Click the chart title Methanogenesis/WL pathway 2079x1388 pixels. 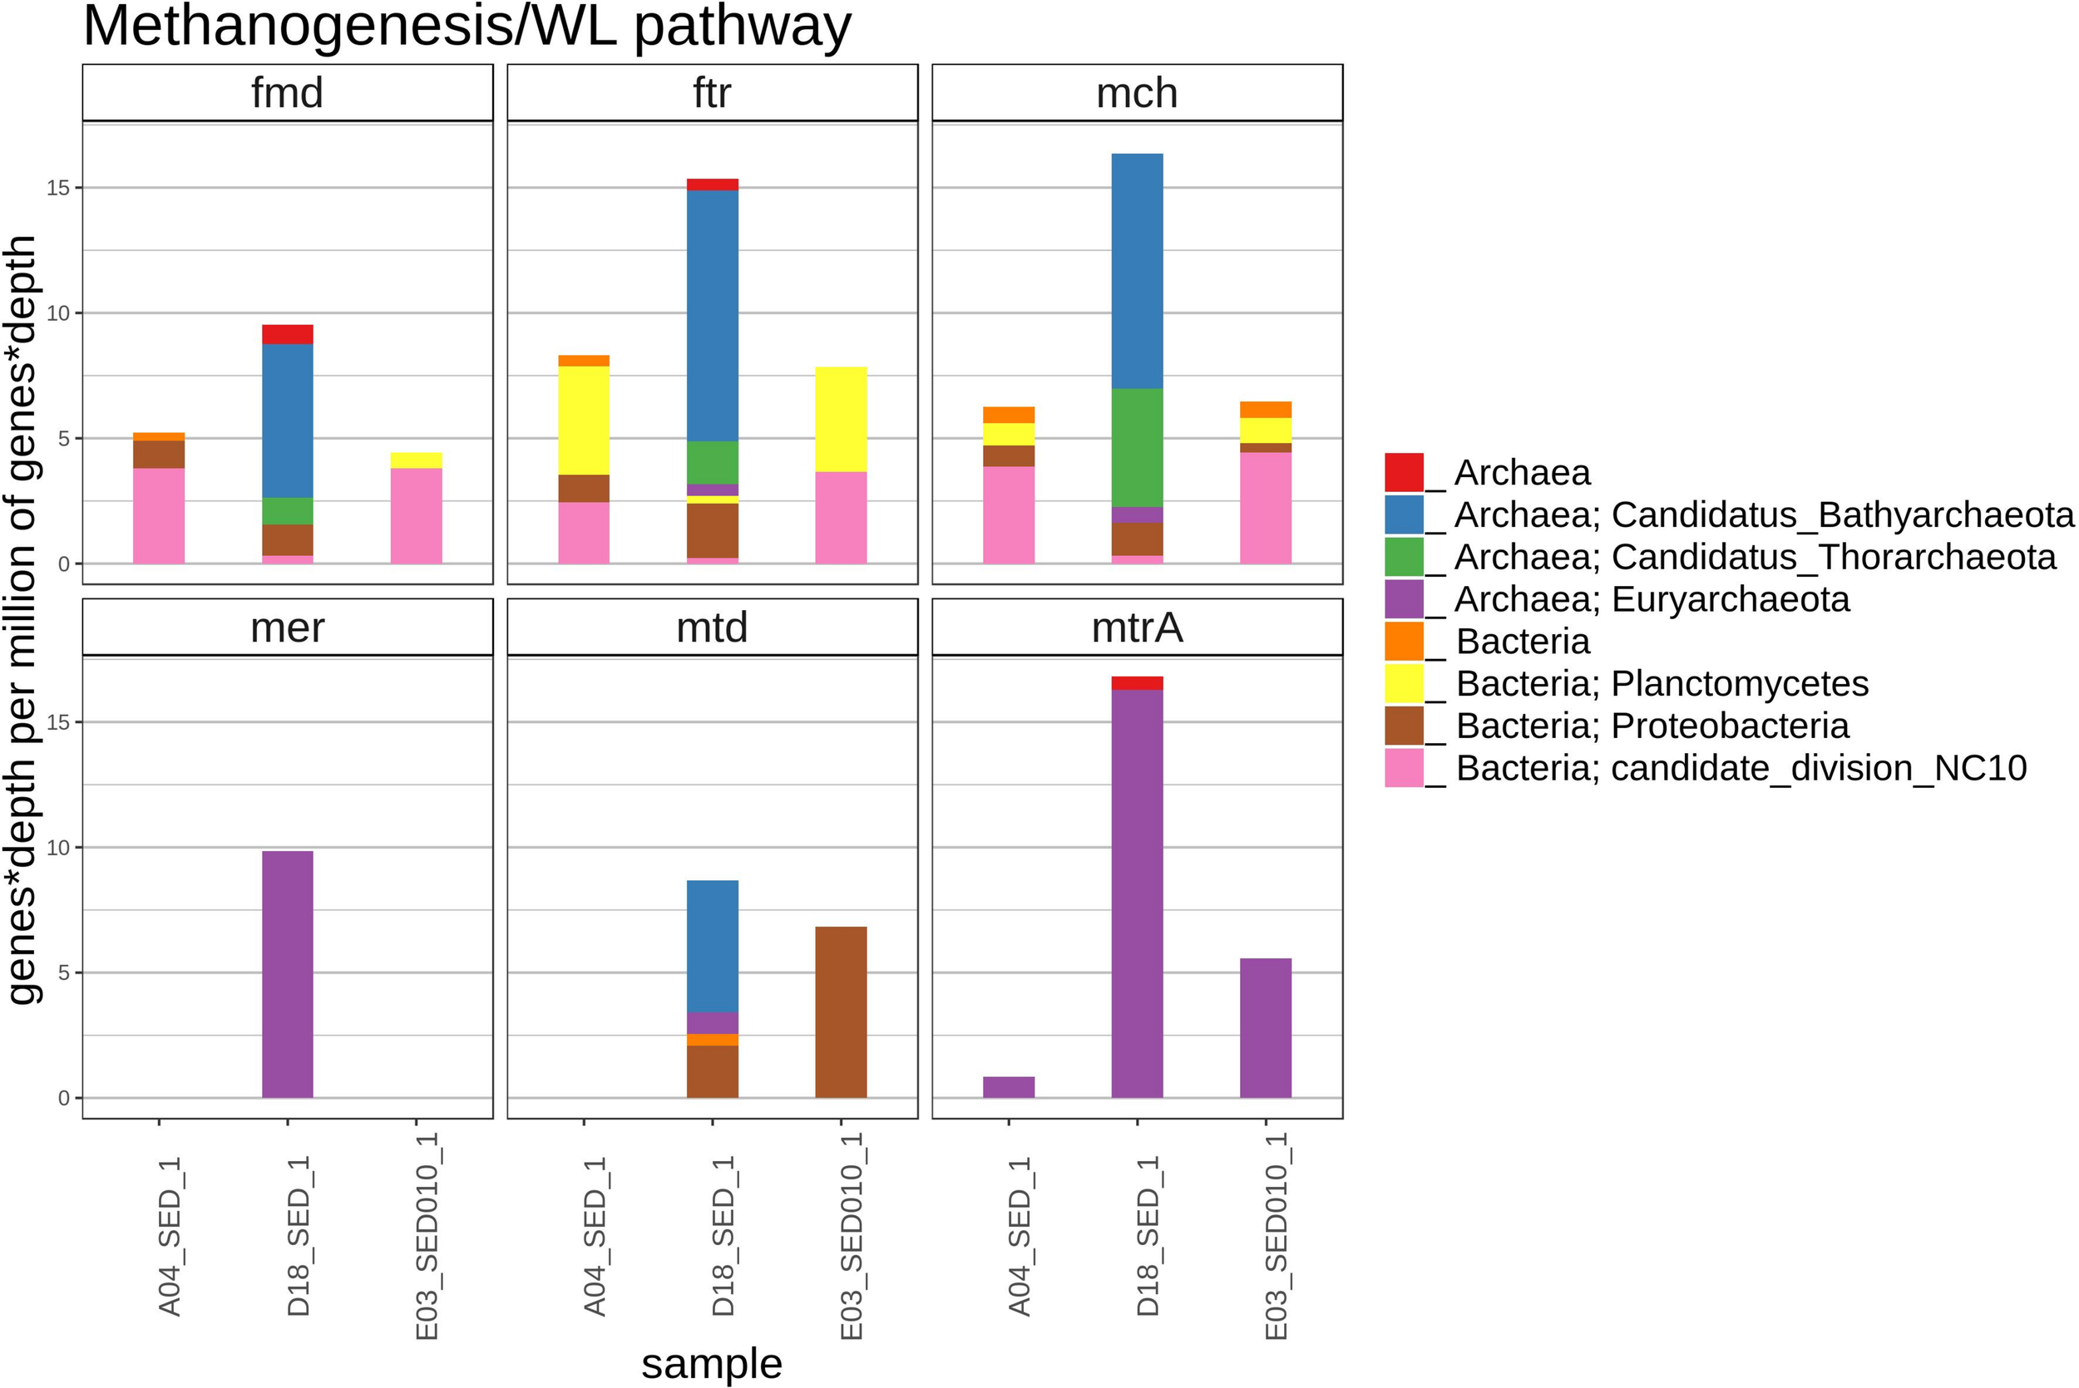click(467, 27)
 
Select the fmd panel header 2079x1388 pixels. click(287, 93)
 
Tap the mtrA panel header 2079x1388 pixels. click(1137, 628)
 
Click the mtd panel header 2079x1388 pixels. click(712, 628)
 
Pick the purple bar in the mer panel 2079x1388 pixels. click(287, 974)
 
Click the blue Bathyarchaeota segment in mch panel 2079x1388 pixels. click(1137, 270)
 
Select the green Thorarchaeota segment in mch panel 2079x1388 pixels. click(1137, 447)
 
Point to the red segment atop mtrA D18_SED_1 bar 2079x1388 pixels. click(1137, 682)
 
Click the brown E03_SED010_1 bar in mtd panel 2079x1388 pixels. click(840, 1011)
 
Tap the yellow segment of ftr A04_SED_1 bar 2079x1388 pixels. click(584, 420)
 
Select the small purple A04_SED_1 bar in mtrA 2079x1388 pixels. click(1009, 1087)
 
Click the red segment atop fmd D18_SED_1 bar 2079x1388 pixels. click(287, 334)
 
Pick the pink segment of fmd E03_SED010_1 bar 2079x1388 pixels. click(416, 515)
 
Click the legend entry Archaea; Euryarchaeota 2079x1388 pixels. click(1651, 599)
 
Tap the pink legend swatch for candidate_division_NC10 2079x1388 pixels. click(1404, 767)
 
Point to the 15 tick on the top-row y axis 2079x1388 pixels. click(58, 188)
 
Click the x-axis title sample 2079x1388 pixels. click(712, 1363)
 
